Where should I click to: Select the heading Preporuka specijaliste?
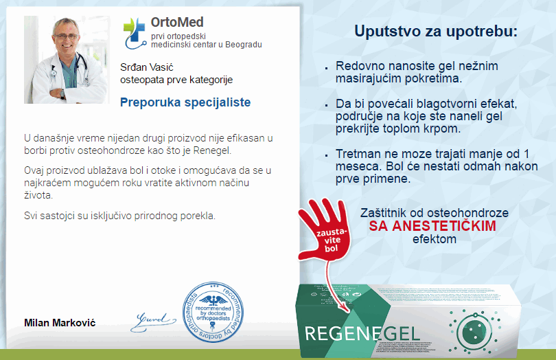[x=185, y=102]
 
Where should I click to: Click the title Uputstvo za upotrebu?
[x=436, y=32]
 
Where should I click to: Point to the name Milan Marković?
[x=60, y=323]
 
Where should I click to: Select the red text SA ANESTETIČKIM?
[x=432, y=226]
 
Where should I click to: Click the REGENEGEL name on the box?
[x=362, y=334]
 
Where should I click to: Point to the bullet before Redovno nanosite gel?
[x=326, y=68]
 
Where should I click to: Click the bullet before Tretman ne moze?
[x=326, y=155]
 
